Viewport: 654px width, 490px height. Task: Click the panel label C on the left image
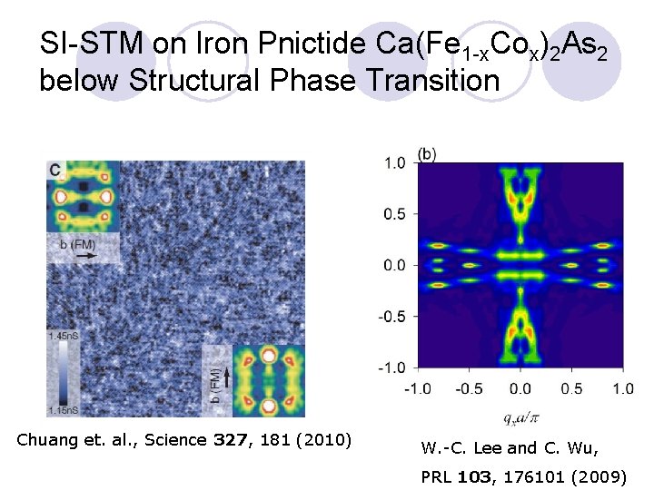[56, 170]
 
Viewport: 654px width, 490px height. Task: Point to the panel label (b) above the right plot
[427, 154]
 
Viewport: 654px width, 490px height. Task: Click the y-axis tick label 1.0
[394, 163]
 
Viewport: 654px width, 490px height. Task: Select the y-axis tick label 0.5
[394, 214]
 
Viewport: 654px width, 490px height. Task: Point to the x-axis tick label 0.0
[520, 387]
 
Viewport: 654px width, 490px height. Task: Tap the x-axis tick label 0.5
[572, 387]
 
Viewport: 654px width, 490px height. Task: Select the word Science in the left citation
[182, 441]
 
